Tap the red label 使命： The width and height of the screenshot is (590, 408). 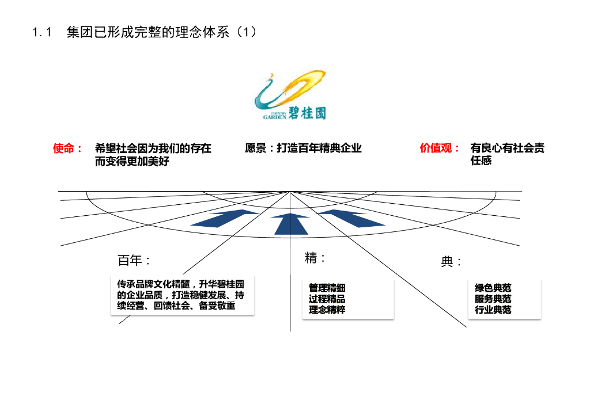point(67,148)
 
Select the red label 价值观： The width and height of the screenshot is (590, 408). point(440,148)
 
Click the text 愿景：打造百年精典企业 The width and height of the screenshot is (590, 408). point(303,148)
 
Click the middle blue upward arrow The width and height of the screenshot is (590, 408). point(291,223)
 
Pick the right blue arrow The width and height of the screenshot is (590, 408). point(352,218)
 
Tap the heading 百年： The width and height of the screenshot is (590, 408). point(134,260)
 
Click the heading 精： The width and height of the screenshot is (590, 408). point(315,258)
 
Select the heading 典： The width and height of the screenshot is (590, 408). point(451,262)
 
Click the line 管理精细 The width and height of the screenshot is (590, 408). point(327,288)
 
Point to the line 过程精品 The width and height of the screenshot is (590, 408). point(327,299)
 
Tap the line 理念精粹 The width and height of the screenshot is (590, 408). point(327,310)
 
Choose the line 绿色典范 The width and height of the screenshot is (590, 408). point(493,288)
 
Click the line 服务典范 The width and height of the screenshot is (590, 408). point(493,299)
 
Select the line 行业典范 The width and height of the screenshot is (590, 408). point(493,310)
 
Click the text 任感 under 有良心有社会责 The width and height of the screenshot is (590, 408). point(481,161)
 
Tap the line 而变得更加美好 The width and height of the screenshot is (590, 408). point(132,161)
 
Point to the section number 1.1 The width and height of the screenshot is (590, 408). point(43,33)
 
